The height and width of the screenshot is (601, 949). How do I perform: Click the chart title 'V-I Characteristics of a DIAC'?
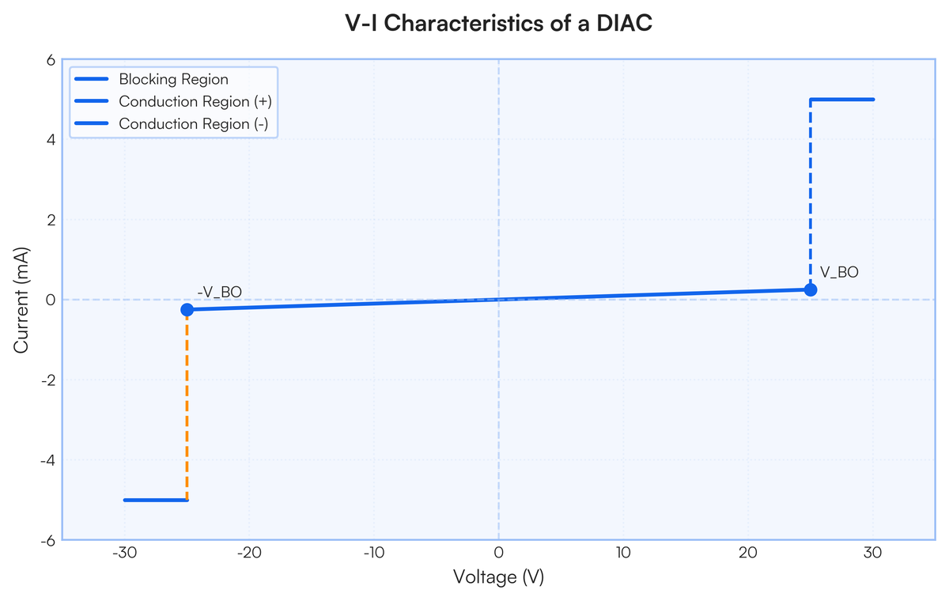click(498, 23)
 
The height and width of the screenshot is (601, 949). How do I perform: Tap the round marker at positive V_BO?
click(811, 289)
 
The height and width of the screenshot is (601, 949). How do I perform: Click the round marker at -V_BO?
click(187, 310)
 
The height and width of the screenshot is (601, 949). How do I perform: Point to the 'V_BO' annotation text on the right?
click(839, 272)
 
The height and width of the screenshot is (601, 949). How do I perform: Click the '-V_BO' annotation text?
click(220, 292)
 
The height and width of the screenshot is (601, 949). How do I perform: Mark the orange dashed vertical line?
click(187, 405)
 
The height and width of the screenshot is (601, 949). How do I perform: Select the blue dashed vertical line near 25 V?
click(811, 195)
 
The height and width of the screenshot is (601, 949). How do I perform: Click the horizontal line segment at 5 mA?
click(841, 100)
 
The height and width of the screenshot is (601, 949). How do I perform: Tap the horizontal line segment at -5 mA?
click(156, 501)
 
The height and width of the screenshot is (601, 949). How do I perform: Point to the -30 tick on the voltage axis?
click(125, 553)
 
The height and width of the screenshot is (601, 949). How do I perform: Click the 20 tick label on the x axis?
click(748, 553)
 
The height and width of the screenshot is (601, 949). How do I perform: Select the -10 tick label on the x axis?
click(374, 553)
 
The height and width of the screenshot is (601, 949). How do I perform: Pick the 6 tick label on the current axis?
click(51, 60)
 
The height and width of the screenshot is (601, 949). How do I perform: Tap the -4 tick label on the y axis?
click(48, 460)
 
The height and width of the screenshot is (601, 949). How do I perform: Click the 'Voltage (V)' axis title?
click(499, 576)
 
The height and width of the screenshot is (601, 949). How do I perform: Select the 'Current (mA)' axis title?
click(21, 300)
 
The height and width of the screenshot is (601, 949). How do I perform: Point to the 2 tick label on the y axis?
click(51, 220)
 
